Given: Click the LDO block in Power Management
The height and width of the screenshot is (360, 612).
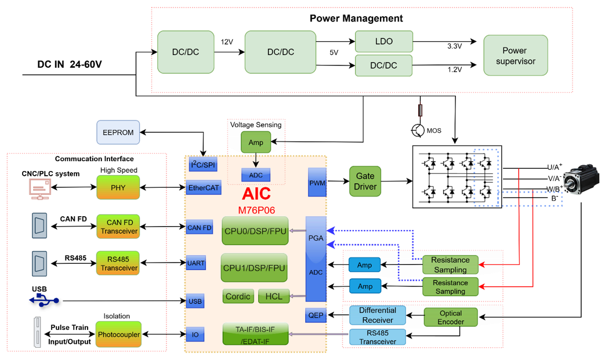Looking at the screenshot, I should coord(383,41).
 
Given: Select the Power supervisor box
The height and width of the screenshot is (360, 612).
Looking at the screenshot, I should coord(515,56).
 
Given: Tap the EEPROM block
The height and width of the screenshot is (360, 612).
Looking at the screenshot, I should coord(118,133).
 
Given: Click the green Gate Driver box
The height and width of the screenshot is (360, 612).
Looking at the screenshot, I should coord(365,181).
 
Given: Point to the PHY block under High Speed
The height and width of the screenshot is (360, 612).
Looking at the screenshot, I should coord(119,188).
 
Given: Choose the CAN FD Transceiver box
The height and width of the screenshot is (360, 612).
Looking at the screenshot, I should coord(119,227).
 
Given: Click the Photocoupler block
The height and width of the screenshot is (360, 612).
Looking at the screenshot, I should coord(119,334).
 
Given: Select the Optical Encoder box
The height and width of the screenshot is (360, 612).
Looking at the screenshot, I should coord(451,317).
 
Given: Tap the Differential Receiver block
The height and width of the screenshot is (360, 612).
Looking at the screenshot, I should coord(378,315).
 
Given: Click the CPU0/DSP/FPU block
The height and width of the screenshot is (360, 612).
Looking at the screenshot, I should coord(255,231).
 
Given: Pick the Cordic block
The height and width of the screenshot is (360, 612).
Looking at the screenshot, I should coord(238,296).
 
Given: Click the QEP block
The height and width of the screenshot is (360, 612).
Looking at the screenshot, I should coord(316,315).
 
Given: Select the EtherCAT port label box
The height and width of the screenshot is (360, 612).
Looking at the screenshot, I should coord(204,188).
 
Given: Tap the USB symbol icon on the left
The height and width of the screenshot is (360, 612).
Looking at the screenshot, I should coord(43,300).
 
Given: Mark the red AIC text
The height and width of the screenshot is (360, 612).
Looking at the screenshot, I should coord(256,194).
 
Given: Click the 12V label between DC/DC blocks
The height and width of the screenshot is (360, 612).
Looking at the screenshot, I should coord(227,42).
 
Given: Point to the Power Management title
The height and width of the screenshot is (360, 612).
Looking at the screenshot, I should coord(356,18).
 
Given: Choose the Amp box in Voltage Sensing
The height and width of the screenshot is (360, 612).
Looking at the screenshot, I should coord(255,143).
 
